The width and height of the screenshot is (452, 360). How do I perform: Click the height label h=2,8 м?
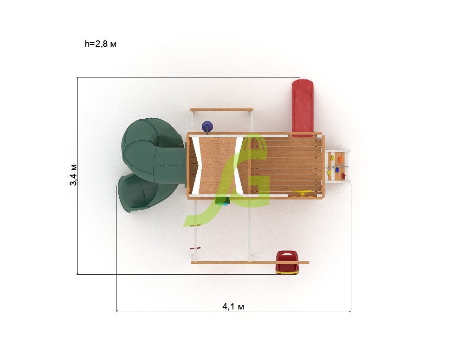101,44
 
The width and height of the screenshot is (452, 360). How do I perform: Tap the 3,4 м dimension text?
73,175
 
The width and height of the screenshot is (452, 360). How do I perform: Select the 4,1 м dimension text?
233,306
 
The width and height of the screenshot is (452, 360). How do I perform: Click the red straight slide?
303,108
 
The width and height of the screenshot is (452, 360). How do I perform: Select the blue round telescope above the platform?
207,127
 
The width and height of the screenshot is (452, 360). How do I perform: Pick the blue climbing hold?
337,171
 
